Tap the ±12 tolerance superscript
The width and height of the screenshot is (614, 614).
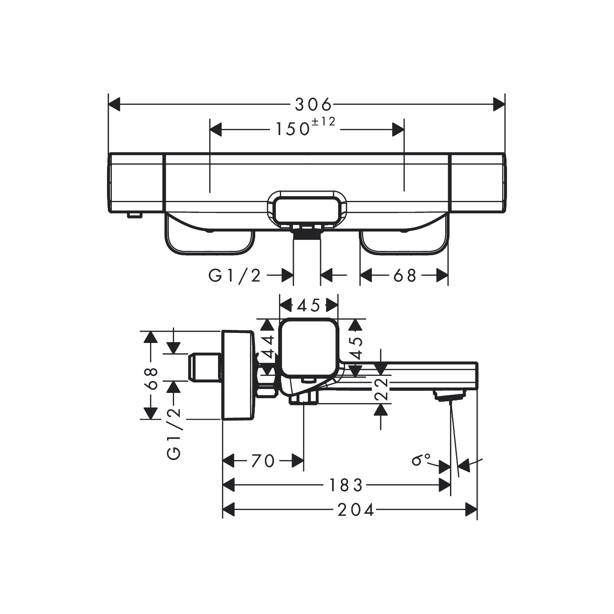323,122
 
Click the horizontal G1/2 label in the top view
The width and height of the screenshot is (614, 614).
235,276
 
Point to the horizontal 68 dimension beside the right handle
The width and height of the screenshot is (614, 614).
405,276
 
